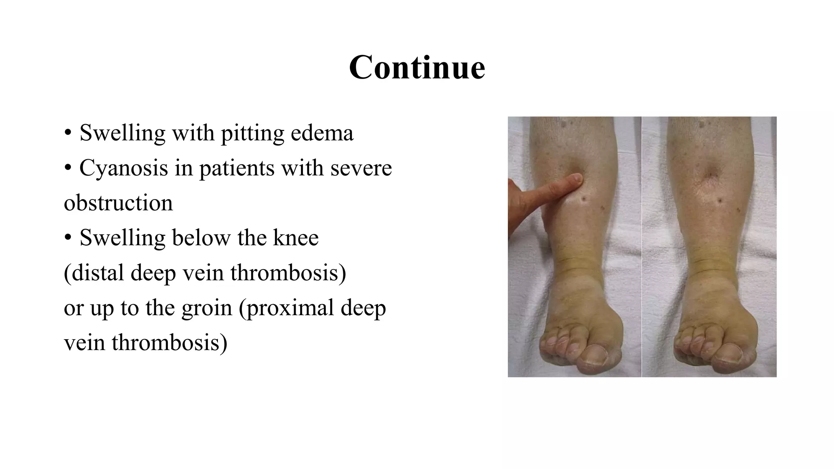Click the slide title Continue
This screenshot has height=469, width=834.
tap(417, 67)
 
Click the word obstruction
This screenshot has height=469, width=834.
tap(118, 203)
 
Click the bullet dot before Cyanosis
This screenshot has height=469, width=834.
tap(68, 168)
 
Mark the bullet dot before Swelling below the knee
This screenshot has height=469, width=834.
tap(68, 238)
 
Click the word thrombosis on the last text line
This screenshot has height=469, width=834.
tap(169, 343)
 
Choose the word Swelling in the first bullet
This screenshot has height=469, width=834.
tap(123, 133)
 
